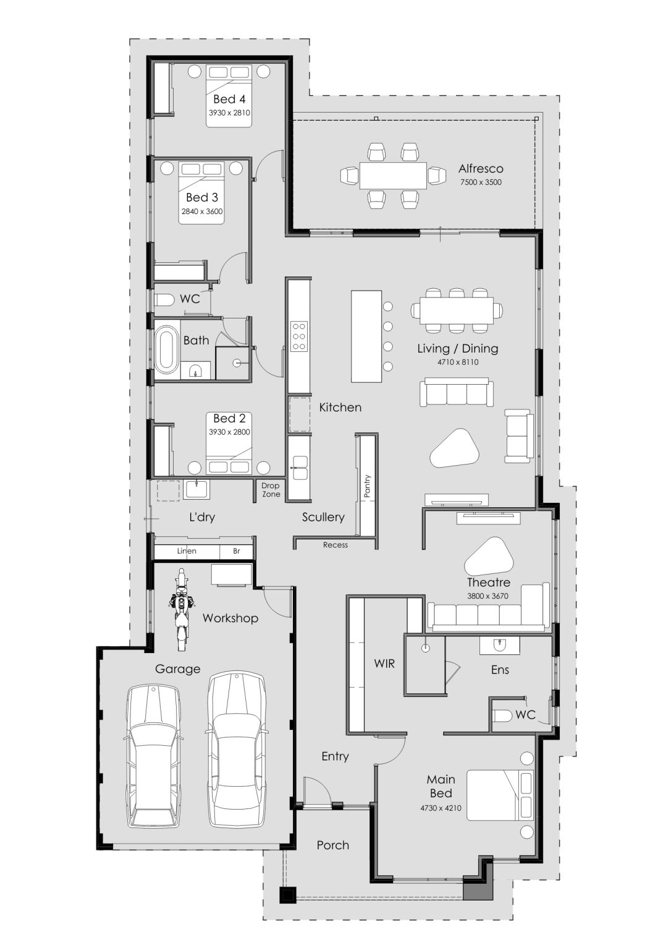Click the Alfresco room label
click(481, 168)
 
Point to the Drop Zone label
click(271, 490)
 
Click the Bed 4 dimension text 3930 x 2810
click(229, 113)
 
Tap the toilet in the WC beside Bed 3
click(165, 300)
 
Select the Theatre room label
click(488, 583)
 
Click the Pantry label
click(367, 486)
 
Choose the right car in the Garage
click(237, 750)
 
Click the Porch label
click(332, 845)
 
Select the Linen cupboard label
click(187, 551)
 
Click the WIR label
click(384, 664)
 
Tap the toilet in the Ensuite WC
click(504, 716)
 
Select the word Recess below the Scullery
click(335, 545)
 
